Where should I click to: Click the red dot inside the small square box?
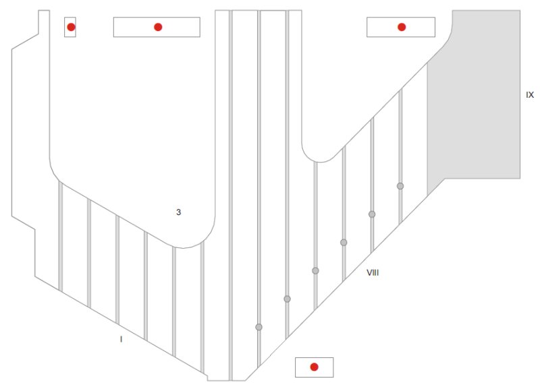coord(71,27)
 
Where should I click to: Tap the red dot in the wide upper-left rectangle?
coord(158,27)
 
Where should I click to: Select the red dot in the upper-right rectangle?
coord(402,27)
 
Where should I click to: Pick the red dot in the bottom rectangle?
coord(314,367)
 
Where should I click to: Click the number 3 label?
coord(178,212)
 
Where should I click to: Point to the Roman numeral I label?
coord(121,339)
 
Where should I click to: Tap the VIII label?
coord(373,273)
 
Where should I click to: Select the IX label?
coord(530,94)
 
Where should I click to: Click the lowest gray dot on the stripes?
coord(259,327)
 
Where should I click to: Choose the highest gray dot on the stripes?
coord(400,186)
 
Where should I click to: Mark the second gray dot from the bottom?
coord(288,299)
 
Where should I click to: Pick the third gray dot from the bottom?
coord(315,270)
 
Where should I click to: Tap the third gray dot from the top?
coord(344,243)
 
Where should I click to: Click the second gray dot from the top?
coord(372,214)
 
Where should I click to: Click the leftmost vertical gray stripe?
coord(61,237)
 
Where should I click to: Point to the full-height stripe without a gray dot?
coord(231,195)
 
